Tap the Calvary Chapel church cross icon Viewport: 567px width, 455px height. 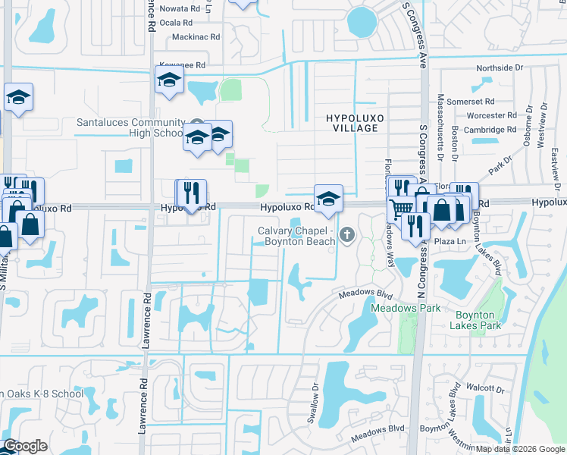click(348, 235)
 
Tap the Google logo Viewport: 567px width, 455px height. click(25, 446)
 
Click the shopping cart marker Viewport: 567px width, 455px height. click(402, 208)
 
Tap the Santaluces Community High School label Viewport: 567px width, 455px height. click(131, 127)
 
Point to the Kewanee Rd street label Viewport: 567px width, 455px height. click(182, 66)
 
